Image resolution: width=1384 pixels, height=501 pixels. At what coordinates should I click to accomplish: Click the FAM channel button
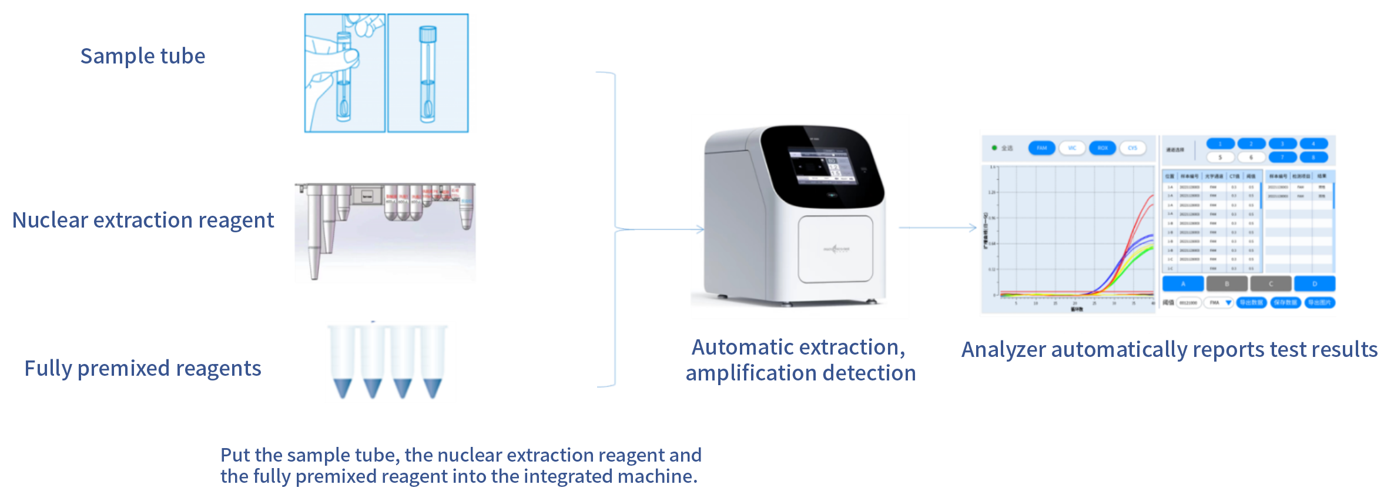(1041, 148)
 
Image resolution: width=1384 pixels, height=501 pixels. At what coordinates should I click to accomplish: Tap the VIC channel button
(1072, 148)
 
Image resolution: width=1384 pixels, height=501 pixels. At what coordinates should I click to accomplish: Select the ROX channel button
(1102, 148)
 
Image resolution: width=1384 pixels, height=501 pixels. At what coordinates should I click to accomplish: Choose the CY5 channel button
(1132, 148)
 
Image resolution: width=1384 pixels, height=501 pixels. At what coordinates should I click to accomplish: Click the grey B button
(1227, 284)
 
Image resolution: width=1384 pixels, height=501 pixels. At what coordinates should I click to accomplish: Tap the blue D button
(1315, 284)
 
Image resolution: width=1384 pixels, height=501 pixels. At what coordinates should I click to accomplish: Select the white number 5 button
(1220, 158)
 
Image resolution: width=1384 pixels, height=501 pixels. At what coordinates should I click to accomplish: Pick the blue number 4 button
(1313, 144)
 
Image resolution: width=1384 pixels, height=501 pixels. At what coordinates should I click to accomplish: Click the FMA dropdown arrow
(1228, 303)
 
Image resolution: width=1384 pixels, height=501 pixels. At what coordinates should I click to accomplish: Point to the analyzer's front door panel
(835, 249)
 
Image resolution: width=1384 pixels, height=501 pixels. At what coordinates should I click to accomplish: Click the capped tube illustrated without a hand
(427, 74)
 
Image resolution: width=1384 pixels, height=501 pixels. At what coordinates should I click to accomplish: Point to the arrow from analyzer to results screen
(937, 228)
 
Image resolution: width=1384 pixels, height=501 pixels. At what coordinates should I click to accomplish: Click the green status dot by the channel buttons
(994, 148)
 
